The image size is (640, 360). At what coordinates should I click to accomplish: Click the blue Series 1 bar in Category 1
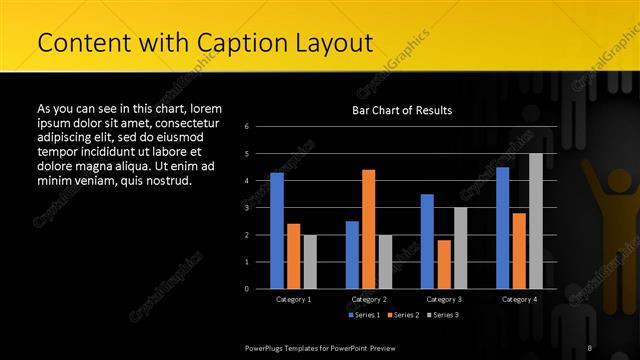(x=277, y=231)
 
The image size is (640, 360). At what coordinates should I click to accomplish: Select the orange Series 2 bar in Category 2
(x=368, y=229)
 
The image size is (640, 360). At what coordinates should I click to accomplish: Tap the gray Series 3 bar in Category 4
(x=536, y=221)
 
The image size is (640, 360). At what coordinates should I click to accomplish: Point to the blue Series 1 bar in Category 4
(x=502, y=228)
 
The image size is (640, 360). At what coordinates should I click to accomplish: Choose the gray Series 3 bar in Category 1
(x=310, y=262)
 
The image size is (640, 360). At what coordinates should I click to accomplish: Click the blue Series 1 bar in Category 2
(x=352, y=255)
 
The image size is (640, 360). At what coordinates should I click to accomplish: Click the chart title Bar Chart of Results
(x=402, y=110)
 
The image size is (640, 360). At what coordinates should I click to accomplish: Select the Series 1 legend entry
(x=364, y=315)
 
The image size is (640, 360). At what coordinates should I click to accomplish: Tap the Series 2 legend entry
(x=403, y=315)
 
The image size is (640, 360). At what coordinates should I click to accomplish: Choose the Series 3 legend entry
(x=442, y=315)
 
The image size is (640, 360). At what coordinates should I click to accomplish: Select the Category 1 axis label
(x=293, y=299)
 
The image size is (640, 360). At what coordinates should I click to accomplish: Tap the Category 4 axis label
(x=519, y=299)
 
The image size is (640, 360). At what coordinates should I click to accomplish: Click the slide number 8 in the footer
(x=590, y=347)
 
